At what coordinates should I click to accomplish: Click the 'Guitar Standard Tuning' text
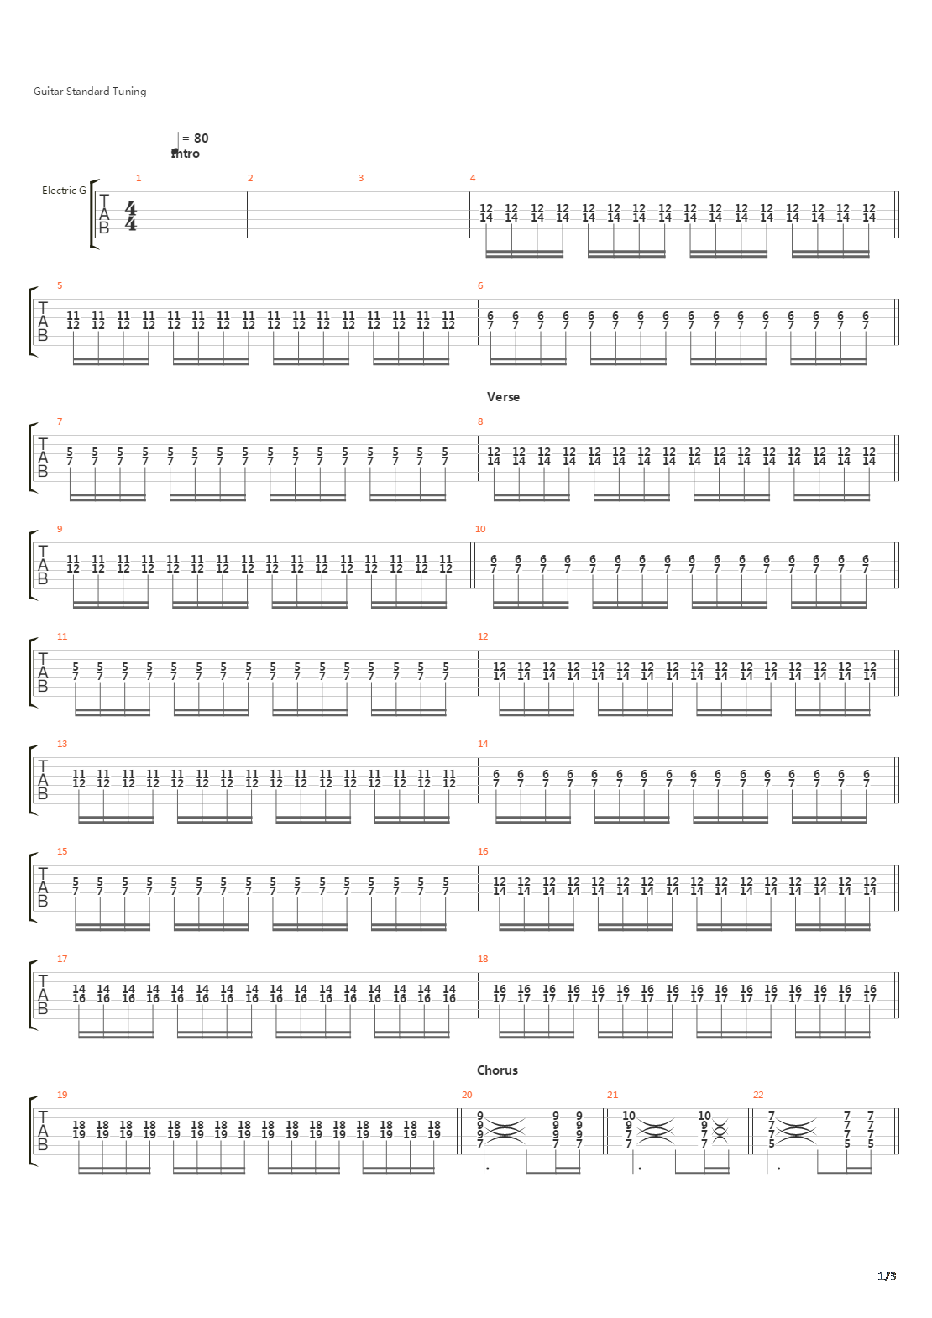point(90,92)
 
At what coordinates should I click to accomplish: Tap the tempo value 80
point(202,139)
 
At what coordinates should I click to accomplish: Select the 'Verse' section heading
point(503,397)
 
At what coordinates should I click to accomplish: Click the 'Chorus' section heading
point(497,1070)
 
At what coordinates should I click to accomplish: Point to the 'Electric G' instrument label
point(64,190)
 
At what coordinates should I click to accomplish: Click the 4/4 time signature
point(131,217)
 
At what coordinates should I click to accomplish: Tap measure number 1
point(139,178)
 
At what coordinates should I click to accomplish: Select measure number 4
point(473,178)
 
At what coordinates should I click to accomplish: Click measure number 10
point(480,529)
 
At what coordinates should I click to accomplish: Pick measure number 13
point(62,744)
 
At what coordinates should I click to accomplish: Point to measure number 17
point(62,959)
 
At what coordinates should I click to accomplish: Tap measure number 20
point(467,1095)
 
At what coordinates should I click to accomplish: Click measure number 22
point(758,1095)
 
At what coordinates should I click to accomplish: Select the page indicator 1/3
point(887,1276)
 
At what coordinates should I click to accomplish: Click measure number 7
point(60,421)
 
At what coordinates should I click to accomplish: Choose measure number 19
point(62,1095)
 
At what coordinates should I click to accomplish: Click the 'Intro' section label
point(186,154)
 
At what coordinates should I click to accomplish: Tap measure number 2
point(250,178)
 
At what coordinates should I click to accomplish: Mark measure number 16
point(483,851)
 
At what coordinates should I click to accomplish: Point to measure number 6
point(480,285)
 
